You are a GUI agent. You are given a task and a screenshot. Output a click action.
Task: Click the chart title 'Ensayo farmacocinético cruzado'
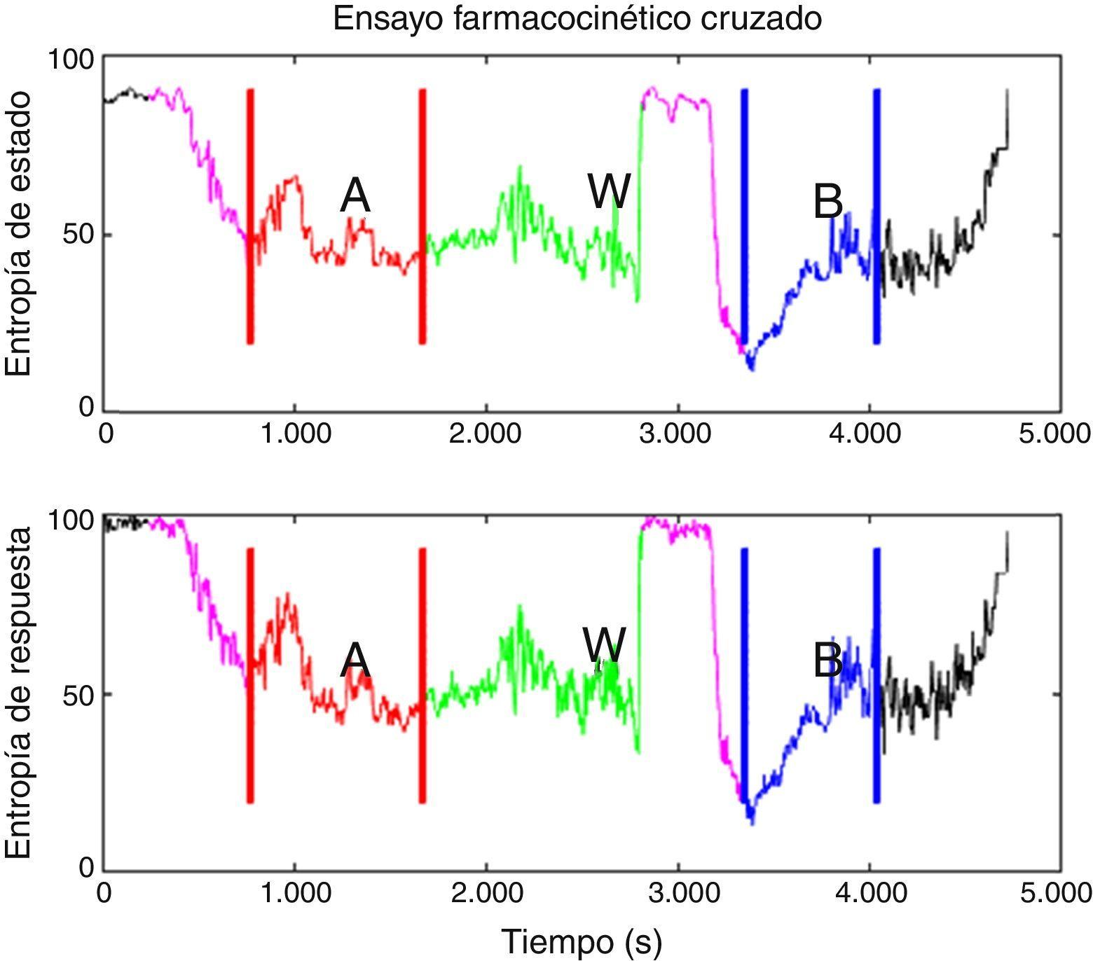577,19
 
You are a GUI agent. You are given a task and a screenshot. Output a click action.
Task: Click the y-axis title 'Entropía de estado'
19,233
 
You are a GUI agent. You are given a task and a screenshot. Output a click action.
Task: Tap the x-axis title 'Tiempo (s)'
582,941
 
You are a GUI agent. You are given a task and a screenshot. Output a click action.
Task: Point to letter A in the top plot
355,195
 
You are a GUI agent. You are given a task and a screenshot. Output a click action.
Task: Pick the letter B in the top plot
827,202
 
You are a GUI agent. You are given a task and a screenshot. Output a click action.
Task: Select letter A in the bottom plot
355,660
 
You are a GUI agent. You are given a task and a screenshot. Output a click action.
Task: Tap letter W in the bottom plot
604,644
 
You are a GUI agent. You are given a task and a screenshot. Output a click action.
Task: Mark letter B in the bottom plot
827,661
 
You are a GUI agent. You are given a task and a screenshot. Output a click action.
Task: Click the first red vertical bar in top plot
250,216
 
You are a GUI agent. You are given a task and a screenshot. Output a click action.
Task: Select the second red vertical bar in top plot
422,216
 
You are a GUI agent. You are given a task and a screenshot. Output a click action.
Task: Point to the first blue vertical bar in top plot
744,216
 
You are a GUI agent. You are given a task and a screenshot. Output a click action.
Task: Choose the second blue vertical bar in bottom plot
877,675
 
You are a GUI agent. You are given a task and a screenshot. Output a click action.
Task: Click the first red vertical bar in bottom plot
250,675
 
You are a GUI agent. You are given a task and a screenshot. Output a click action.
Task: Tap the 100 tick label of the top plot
70,59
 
